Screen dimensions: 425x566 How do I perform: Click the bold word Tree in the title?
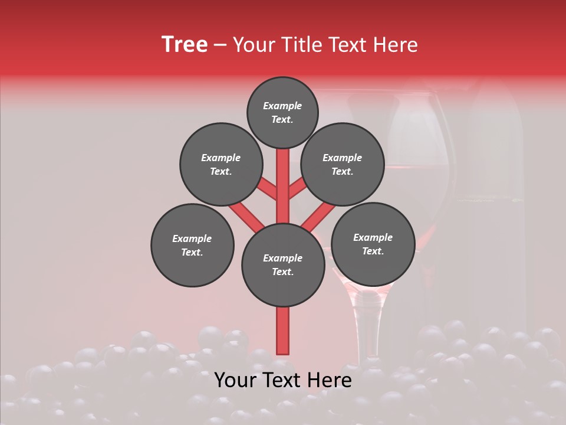[185, 44]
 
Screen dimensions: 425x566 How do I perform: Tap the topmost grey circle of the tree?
[282, 112]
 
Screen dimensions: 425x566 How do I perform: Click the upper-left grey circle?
[221, 164]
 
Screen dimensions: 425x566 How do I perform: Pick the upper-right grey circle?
[343, 164]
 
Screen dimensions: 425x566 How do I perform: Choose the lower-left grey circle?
[192, 245]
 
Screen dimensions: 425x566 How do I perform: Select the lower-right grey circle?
[373, 244]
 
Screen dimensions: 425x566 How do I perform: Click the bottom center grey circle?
[283, 265]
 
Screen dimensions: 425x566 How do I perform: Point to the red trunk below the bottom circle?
[283, 331]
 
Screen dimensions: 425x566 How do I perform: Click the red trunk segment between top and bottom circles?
[283, 186]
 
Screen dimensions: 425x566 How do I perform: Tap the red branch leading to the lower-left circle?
[245, 215]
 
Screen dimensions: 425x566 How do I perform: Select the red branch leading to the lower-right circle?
[318, 216]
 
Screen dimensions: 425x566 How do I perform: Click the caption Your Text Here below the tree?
[283, 380]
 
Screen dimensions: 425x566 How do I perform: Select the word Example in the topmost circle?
[282, 106]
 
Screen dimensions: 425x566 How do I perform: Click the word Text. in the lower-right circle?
[373, 251]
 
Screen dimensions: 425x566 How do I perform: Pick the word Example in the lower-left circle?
[192, 238]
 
